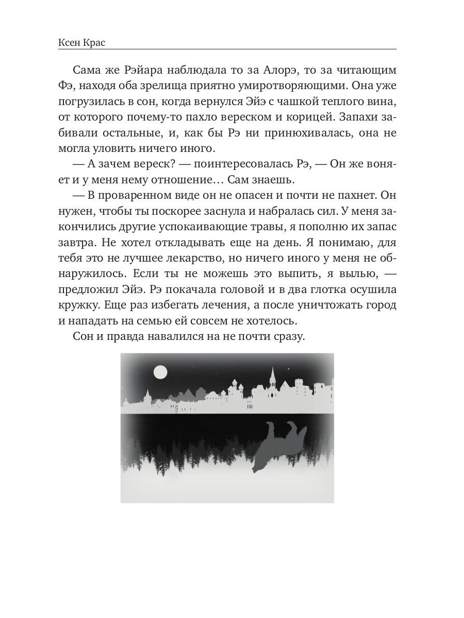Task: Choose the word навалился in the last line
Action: click(188, 336)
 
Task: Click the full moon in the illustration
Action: click(161, 371)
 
